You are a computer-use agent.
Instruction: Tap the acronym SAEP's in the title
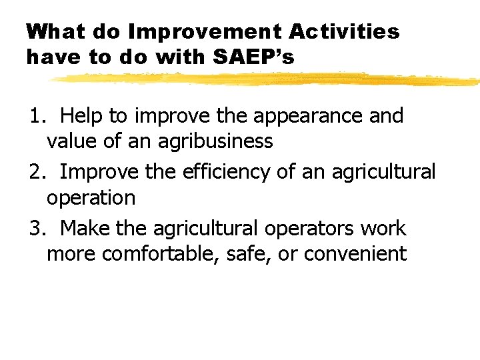click(253, 58)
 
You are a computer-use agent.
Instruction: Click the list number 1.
click(35, 116)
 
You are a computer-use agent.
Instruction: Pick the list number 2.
click(35, 172)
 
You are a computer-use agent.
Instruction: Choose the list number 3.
click(35, 229)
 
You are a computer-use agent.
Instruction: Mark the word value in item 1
click(69, 141)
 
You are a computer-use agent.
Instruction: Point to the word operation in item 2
click(91, 198)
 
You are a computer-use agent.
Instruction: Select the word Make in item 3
click(85, 229)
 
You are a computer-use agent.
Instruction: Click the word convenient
click(358, 254)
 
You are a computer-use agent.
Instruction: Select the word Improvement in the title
click(196, 31)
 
